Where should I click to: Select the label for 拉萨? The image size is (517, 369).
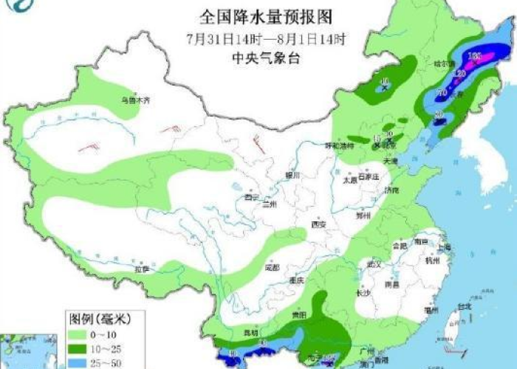140,269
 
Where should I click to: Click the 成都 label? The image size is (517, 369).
272,267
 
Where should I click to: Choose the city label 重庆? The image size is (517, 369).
297,280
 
